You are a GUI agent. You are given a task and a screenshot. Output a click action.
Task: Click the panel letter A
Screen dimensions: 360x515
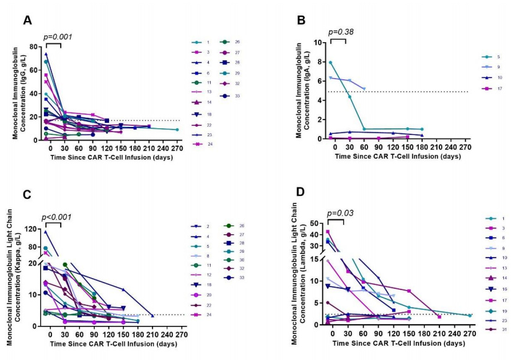pyautogui.click(x=27, y=20)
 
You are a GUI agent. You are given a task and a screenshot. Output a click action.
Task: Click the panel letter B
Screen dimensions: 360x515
pyautogui.click(x=302, y=20)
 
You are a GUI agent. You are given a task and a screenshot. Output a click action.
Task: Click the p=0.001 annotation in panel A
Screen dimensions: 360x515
pyautogui.click(x=58, y=37)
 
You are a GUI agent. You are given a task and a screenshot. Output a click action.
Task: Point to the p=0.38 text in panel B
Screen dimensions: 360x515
pyautogui.click(x=340, y=32)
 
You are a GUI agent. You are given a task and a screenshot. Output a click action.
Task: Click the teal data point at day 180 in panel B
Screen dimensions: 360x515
pyautogui.click(x=421, y=130)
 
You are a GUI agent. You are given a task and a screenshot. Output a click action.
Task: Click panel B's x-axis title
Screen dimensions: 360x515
pyautogui.click(x=398, y=157)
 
